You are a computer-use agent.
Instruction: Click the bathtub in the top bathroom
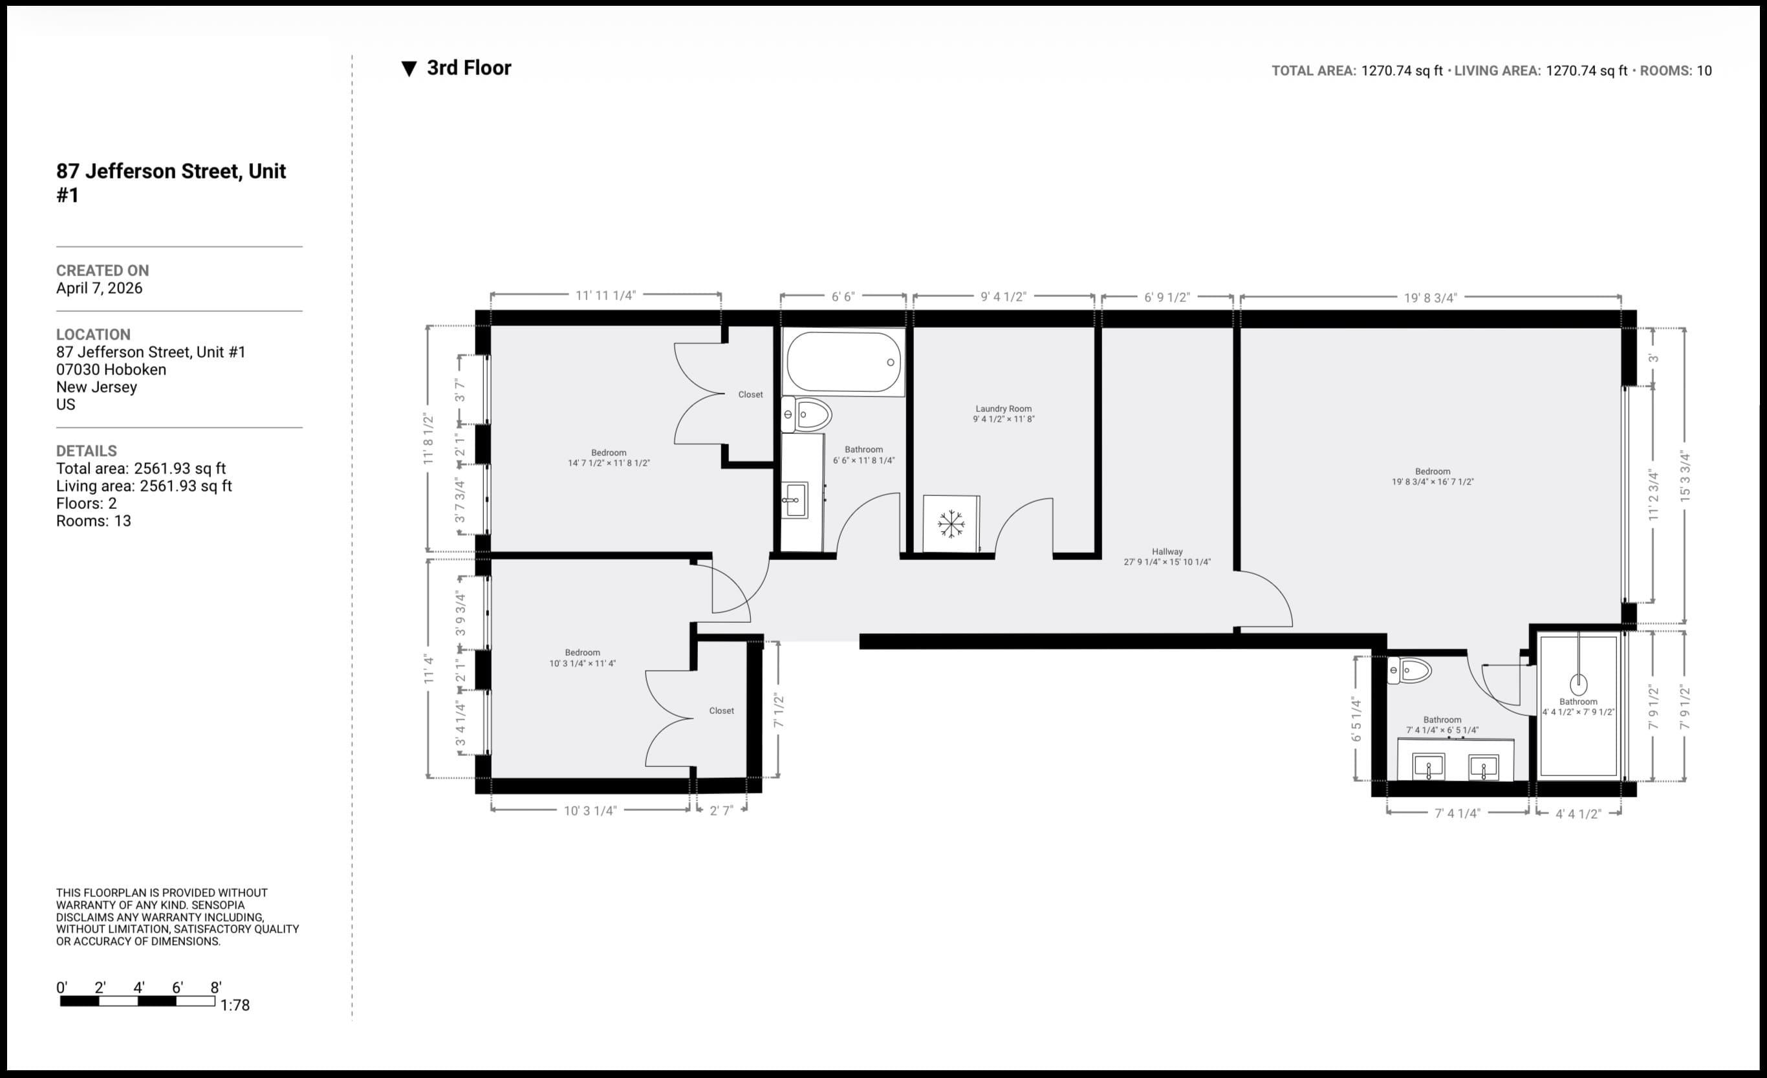click(x=843, y=361)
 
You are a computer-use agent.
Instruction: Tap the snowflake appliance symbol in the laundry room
click(x=951, y=524)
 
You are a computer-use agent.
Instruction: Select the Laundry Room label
click(x=1003, y=408)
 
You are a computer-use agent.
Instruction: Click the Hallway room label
click(x=1167, y=552)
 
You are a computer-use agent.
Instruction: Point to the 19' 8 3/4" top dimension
click(x=1430, y=297)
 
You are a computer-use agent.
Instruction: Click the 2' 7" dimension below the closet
click(x=721, y=810)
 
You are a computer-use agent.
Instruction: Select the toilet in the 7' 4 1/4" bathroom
click(x=1409, y=671)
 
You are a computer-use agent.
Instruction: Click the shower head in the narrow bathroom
click(x=1578, y=684)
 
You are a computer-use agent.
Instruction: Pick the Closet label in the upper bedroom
click(x=750, y=394)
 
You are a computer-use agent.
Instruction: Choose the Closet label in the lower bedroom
click(x=721, y=711)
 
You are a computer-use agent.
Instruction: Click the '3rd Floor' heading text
click(x=468, y=68)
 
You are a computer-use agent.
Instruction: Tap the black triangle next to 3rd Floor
click(x=409, y=69)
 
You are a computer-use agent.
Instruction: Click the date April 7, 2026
click(x=99, y=288)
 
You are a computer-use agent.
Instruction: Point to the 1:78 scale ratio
click(x=235, y=1005)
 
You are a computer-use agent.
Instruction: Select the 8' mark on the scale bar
click(x=215, y=987)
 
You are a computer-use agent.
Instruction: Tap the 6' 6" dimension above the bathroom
click(x=843, y=296)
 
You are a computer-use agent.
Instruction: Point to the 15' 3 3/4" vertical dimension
click(x=1684, y=476)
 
